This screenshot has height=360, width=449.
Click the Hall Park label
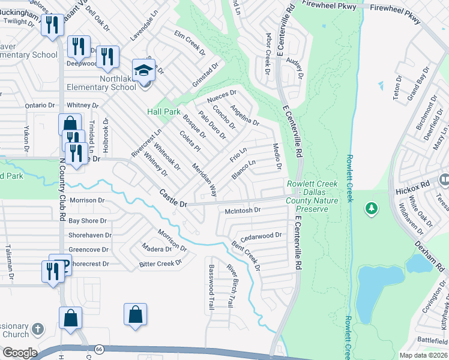(164, 112)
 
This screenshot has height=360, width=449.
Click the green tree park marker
(372, 208)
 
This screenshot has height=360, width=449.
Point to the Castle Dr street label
(173, 199)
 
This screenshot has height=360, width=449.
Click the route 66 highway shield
(98, 349)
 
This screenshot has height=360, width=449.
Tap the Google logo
(20, 353)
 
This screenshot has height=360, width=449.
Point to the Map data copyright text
(424, 355)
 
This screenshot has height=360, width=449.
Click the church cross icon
(37, 328)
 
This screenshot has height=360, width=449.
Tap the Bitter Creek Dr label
(160, 263)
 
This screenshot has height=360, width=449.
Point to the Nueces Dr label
(222, 95)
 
